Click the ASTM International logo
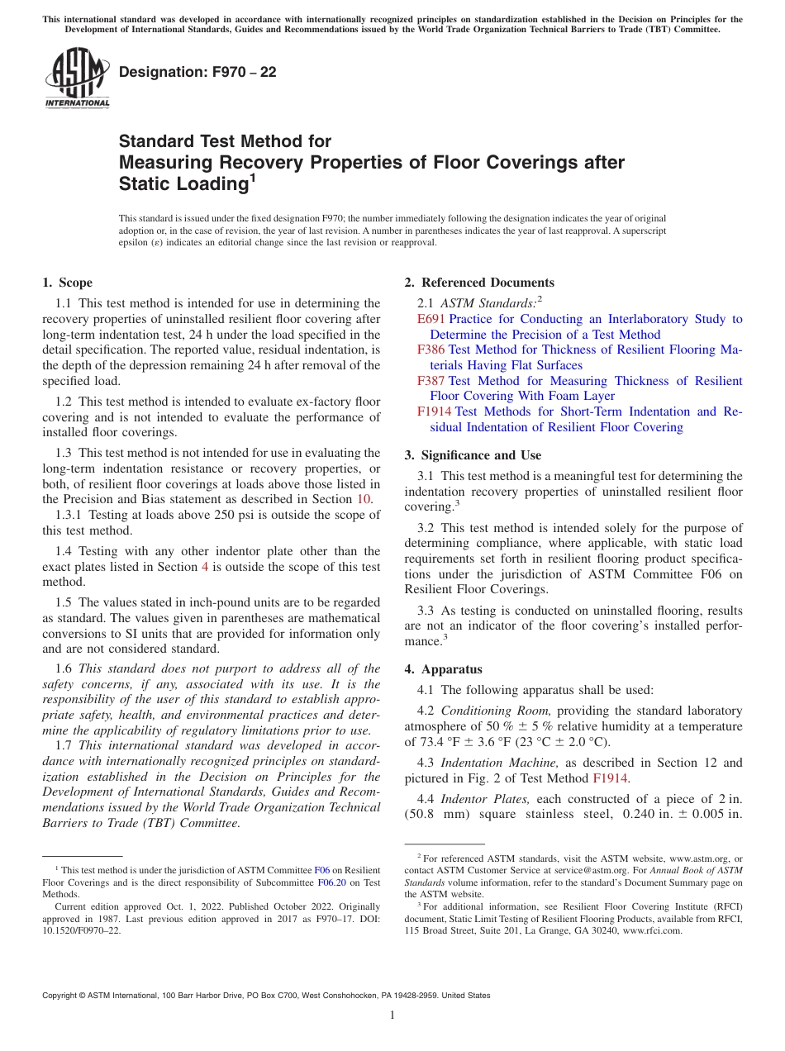click(x=77, y=78)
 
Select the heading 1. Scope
click(x=67, y=283)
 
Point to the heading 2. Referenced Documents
click(x=479, y=283)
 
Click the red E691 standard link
click(x=431, y=319)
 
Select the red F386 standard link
click(x=431, y=350)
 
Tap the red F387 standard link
click(x=431, y=381)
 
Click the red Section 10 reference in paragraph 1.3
click(x=363, y=499)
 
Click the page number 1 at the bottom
click(x=392, y=1015)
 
